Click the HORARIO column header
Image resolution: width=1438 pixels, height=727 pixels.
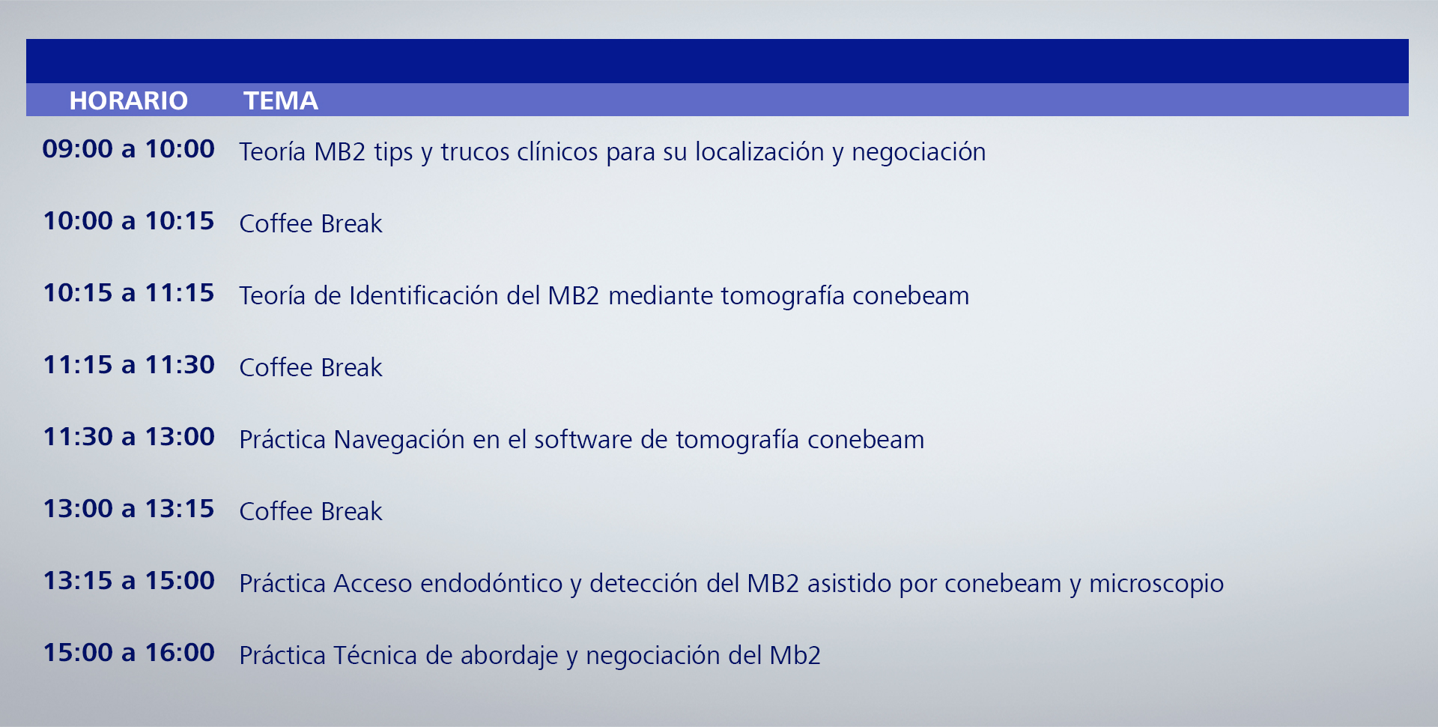(x=128, y=100)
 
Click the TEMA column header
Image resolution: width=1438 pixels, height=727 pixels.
(x=281, y=100)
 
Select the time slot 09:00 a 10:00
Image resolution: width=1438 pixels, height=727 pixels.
(x=128, y=148)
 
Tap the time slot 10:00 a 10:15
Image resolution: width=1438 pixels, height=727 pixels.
(x=128, y=220)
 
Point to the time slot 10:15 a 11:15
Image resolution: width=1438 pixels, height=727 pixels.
(x=128, y=292)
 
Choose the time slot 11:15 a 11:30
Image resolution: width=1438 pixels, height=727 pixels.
(x=128, y=364)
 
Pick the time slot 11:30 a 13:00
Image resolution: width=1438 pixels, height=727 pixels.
(x=128, y=436)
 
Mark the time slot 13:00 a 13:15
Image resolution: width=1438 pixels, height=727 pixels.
(x=128, y=508)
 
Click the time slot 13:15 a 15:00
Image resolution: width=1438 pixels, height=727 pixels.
(x=128, y=580)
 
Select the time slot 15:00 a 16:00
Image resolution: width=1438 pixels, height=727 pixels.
(x=128, y=652)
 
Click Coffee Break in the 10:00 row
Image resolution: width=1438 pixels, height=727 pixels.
(x=311, y=223)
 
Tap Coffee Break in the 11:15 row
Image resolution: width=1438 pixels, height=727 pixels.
(x=311, y=367)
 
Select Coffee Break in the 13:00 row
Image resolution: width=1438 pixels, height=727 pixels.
(x=311, y=511)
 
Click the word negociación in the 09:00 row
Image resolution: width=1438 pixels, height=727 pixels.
(x=918, y=153)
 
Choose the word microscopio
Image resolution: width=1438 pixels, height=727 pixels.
(x=1156, y=585)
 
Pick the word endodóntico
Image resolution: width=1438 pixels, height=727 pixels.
(x=491, y=583)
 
